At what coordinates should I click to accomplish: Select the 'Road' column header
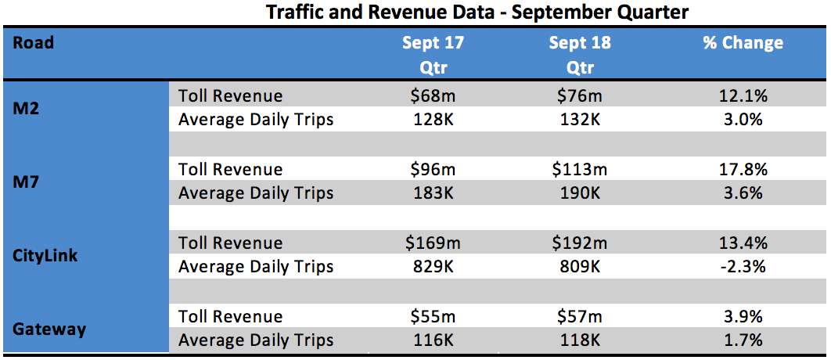tap(34, 43)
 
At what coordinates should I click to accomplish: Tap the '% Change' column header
tap(743, 43)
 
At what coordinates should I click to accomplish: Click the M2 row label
tap(26, 108)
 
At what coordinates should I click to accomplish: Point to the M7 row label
tap(26, 182)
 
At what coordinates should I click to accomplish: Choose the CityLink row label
tap(45, 255)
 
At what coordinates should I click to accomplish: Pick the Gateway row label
tap(49, 329)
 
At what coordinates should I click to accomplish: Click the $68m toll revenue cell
tap(433, 96)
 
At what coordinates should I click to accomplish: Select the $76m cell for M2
tap(580, 96)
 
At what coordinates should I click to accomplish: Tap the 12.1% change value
tap(743, 96)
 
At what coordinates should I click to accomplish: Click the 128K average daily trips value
tap(433, 120)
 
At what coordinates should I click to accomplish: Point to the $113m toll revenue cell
tap(580, 170)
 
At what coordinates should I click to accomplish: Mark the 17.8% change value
tap(743, 170)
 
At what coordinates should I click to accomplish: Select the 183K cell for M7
tap(433, 193)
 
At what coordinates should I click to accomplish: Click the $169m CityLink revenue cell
tap(433, 243)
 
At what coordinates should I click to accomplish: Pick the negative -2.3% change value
tap(743, 267)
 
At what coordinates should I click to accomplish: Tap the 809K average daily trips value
tap(580, 267)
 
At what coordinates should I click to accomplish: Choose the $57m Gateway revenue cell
tap(580, 317)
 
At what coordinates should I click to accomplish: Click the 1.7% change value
tap(743, 340)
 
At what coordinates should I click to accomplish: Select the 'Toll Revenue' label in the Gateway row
tap(230, 317)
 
